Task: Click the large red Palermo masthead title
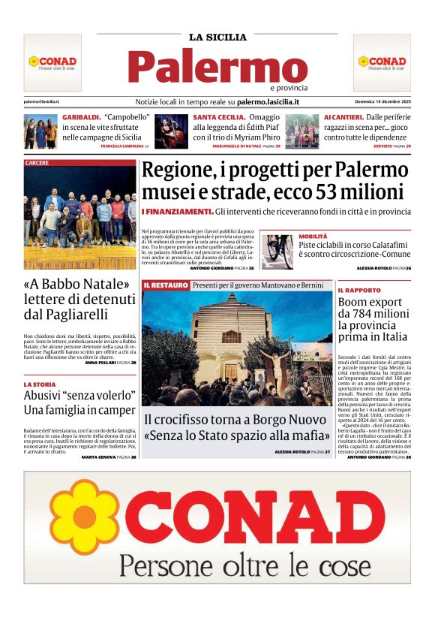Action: pyautogui.click(x=217, y=68)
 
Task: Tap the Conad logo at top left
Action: pyautogui.click(x=52, y=62)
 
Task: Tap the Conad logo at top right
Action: pyautogui.click(x=382, y=62)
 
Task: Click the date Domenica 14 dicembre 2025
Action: pyautogui.click(x=382, y=101)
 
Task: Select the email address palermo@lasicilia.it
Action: pyautogui.click(x=41, y=101)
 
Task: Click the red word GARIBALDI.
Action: pyautogui.click(x=81, y=118)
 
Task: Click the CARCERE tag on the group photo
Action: pyautogui.click(x=37, y=163)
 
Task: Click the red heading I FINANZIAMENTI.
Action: pyautogui.click(x=177, y=213)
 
